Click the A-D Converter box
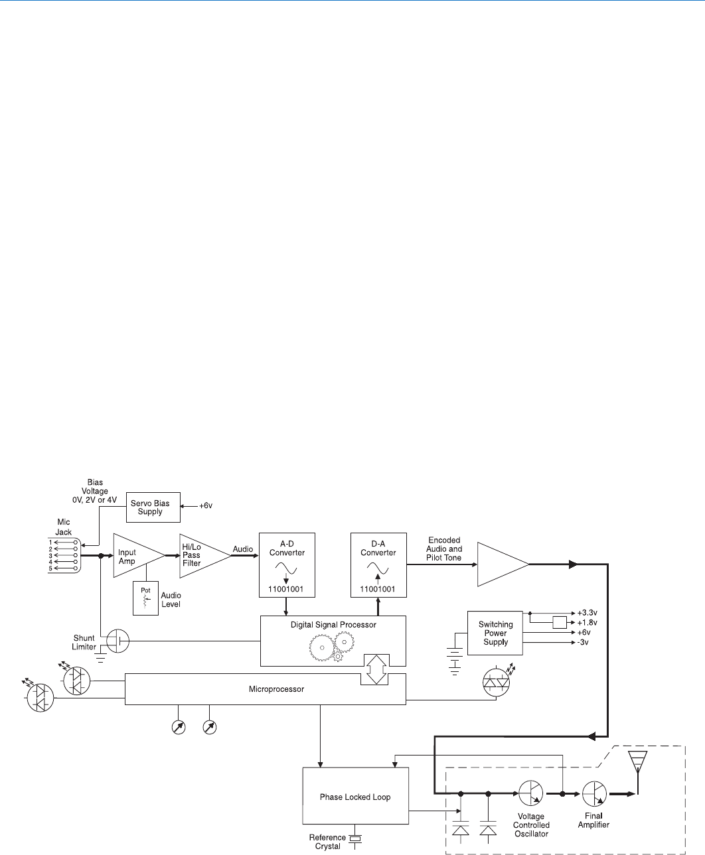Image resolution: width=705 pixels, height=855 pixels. (287, 564)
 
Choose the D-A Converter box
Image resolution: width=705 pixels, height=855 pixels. (378, 564)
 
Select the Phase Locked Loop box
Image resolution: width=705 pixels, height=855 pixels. (355, 797)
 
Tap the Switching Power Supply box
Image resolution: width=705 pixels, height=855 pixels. (495, 633)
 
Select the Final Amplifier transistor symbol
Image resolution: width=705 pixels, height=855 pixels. (595, 793)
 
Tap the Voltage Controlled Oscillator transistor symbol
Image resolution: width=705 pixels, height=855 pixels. (531, 793)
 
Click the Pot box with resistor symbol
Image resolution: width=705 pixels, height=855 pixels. (145, 598)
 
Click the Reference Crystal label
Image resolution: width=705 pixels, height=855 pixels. (327, 842)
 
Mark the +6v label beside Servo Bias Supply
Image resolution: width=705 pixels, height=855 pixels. (206, 505)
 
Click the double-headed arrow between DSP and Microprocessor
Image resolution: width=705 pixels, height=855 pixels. (376, 669)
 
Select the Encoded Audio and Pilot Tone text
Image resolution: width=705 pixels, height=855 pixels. (444, 549)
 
